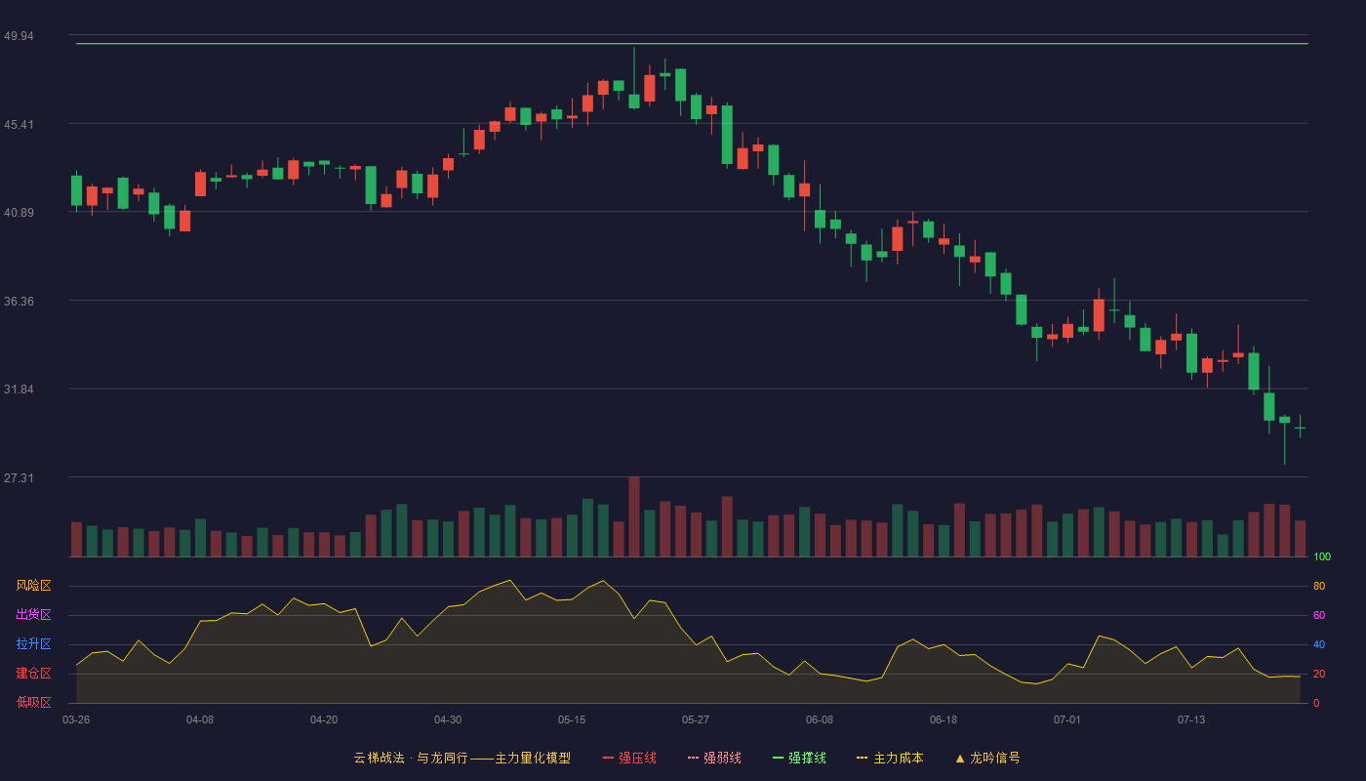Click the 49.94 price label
pyautogui.click(x=19, y=36)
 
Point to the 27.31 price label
pyautogui.click(x=19, y=477)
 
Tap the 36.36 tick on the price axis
pyautogui.click(x=19, y=302)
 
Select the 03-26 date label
pyautogui.click(x=76, y=720)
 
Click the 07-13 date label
pyautogui.click(x=1191, y=720)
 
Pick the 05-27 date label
pyautogui.click(x=696, y=720)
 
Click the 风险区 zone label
pyautogui.click(x=33, y=586)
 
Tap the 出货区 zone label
pyautogui.click(x=33, y=614)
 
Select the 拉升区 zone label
pyautogui.click(x=33, y=643)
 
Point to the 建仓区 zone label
pyautogui.click(x=33, y=673)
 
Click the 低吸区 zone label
pyautogui.click(x=33, y=702)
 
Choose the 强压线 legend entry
pyautogui.click(x=629, y=758)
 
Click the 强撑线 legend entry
pyautogui.click(x=799, y=758)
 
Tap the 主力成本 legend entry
pyautogui.click(x=890, y=758)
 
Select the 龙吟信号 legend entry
pyautogui.click(x=987, y=758)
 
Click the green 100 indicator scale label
pyautogui.click(x=1322, y=556)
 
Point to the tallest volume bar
pyautogui.click(x=634, y=516)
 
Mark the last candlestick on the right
pyautogui.click(x=1300, y=427)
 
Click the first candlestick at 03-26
pyautogui.click(x=76, y=191)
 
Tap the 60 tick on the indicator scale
pyautogui.click(x=1319, y=615)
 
